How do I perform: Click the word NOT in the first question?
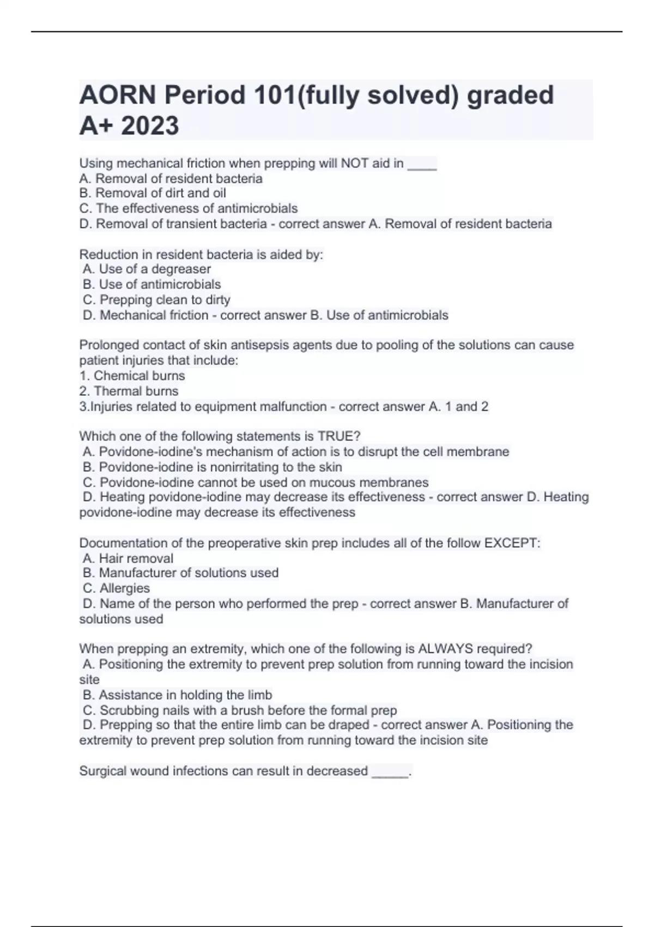355,163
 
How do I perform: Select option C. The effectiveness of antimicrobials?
189,208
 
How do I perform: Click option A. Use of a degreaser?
147,269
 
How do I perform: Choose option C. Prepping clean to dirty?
156,299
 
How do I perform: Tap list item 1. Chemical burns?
132,376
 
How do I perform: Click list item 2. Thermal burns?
129,391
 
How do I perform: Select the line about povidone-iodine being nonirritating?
213,467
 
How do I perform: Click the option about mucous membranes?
256,483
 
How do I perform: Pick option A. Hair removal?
128,558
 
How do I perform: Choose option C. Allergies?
116,588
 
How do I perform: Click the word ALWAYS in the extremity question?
445,649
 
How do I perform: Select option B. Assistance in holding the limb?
177,695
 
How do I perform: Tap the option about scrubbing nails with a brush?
240,711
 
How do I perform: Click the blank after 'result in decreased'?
390,772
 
